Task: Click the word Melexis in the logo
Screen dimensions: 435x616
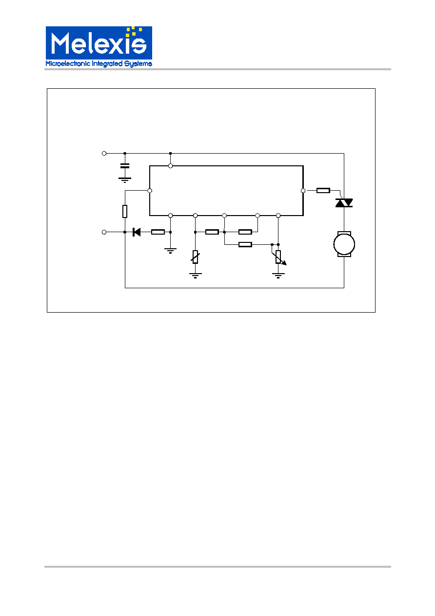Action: tap(99, 43)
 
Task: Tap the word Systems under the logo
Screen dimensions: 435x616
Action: tap(138, 64)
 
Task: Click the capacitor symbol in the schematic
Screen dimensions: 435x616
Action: tap(125, 166)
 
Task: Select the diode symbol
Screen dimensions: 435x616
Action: tap(137, 232)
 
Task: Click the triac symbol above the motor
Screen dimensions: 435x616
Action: tap(344, 203)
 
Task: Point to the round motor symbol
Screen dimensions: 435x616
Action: tap(344, 244)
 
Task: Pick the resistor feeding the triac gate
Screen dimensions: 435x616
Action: tap(323, 190)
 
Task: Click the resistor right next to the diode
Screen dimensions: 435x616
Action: tap(158, 232)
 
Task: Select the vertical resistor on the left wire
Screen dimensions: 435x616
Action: tap(125, 211)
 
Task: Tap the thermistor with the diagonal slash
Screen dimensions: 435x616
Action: tap(195, 257)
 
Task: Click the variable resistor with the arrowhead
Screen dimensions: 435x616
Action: tap(279, 257)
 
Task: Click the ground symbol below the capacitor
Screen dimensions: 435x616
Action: tap(125, 180)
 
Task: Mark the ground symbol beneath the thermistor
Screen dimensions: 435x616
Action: tap(195, 276)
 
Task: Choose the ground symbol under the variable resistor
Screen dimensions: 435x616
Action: tap(278, 276)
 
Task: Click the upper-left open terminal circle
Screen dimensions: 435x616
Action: tap(104, 154)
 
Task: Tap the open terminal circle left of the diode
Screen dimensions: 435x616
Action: tap(104, 232)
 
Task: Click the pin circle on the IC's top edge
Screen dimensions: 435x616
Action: tap(171, 166)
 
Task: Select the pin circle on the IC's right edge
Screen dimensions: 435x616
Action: tap(303, 191)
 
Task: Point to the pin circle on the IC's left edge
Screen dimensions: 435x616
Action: tap(150, 191)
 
